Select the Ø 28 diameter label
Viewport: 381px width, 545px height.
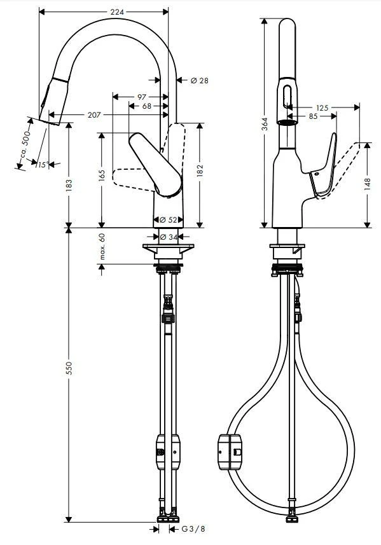coord(199,80)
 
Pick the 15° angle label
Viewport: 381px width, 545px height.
coord(42,165)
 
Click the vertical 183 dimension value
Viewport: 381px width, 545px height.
coord(69,185)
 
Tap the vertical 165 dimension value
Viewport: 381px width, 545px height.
coord(101,176)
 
